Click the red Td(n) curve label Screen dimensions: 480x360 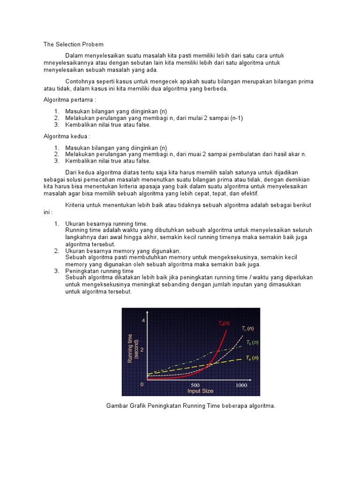click(224, 323)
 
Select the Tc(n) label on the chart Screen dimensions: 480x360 click(247, 329)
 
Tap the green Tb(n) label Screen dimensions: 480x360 click(252, 343)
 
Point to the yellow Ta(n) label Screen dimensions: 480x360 click(252, 358)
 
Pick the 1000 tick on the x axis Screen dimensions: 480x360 click(241, 385)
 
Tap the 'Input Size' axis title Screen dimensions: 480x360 click(200, 390)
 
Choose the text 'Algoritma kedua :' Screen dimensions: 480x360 click(65, 136)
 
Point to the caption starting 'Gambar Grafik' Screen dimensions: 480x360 click(191, 406)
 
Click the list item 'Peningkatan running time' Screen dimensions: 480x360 click(99, 271)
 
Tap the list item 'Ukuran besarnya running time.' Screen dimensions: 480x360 click(106, 224)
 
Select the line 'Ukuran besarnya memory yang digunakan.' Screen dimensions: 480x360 click(123, 251)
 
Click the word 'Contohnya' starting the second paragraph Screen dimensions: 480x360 click(78, 82)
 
